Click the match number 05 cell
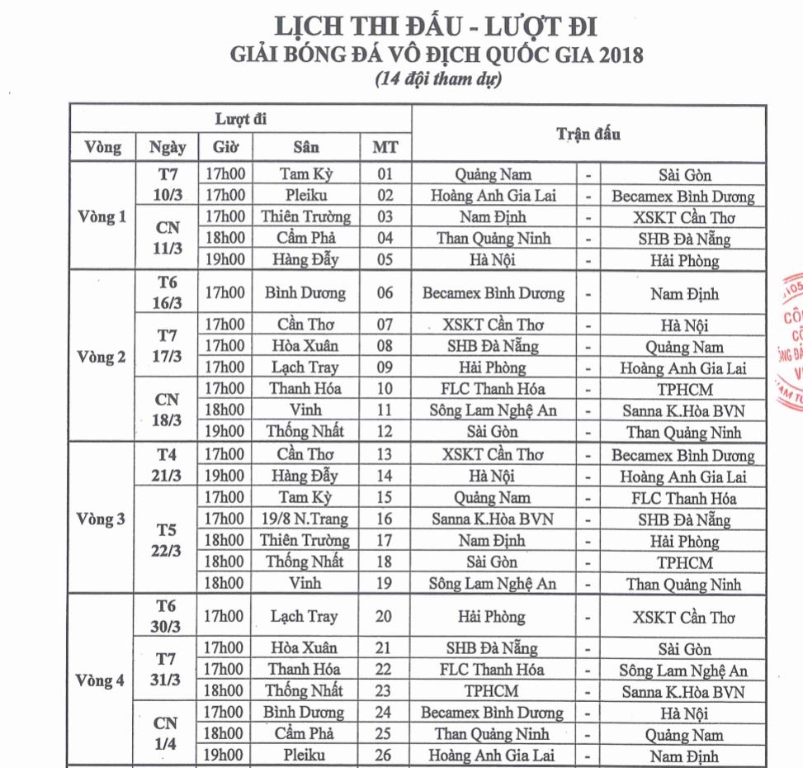[385, 261]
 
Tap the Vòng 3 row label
[100, 520]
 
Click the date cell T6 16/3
[168, 292]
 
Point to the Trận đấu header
[589, 134]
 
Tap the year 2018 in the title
[612, 57]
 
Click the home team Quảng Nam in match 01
[494, 174]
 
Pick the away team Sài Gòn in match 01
[685, 174]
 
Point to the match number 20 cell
[385, 617]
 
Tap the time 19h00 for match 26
[225, 755]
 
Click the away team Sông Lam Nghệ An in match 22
[685, 670]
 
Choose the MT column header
[385, 149]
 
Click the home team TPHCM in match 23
[494, 691]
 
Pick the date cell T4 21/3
[168, 465]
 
